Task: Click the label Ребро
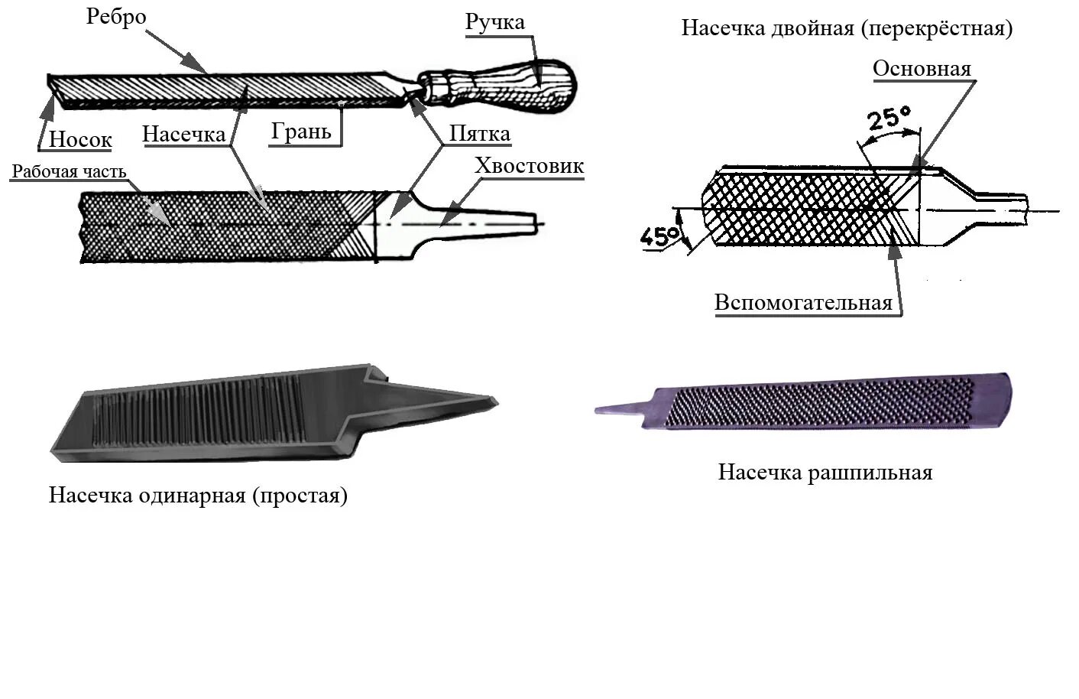pyautogui.click(x=116, y=17)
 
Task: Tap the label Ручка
pyautogui.click(x=495, y=21)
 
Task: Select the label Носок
pyautogui.click(x=80, y=139)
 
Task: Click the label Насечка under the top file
pyautogui.click(x=184, y=135)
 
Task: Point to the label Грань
pyautogui.click(x=301, y=132)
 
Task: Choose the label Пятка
pyautogui.click(x=479, y=134)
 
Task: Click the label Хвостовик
pyautogui.click(x=529, y=165)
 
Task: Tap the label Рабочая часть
pyautogui.click(x=69, y=171)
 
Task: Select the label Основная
pyautogui.click(x=922, y=68)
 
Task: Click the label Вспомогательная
pyautogui.click(x=803, y=302)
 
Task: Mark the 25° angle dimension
pyautogui.click(x=889, y=119)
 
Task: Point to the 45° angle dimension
pyautogui.click(x=659, y=236)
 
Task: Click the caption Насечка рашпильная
pyautogui.click(x=825, y=472)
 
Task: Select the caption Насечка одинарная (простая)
pyautogui.click(x=198, y=495)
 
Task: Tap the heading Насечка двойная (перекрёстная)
pyautogui.click(x=847, y=28)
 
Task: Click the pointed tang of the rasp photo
pyautogui.click(x=623, y=408)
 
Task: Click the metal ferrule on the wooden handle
pyautogui.click(x=433, y=86)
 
